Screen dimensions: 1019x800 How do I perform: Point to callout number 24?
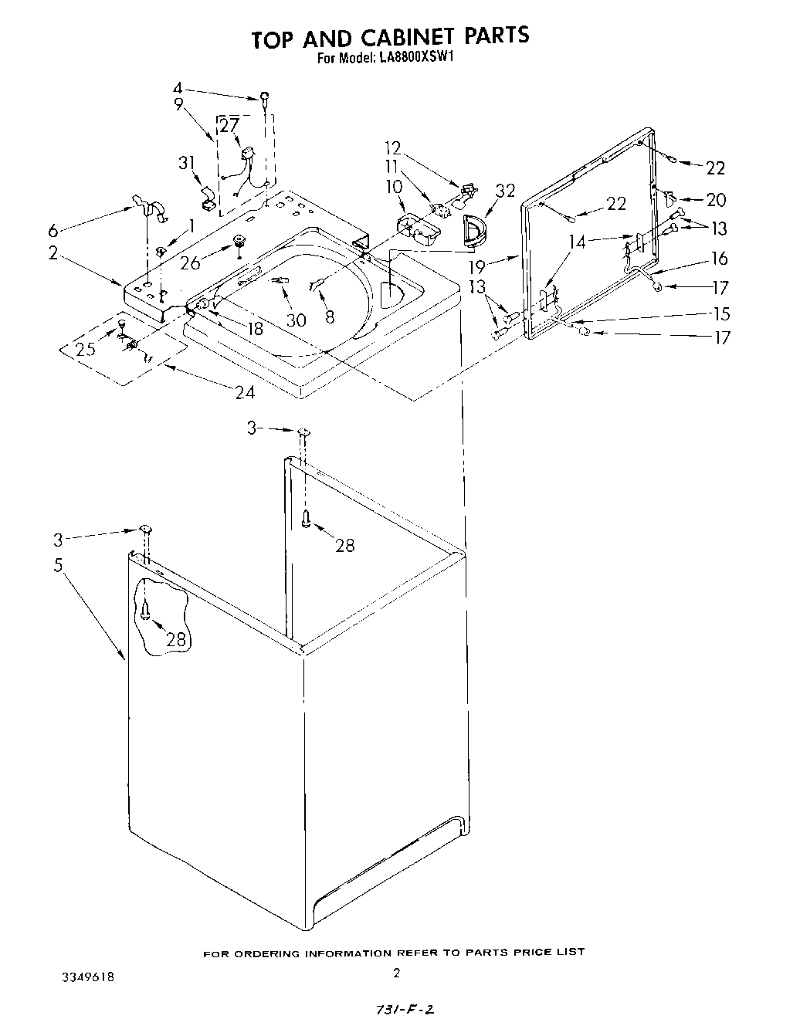[x=245, y=391]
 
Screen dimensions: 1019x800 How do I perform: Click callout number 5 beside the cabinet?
[x=58, y=565]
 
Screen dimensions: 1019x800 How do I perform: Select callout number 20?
[x=716, y=200]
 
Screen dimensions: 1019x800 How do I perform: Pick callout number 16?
[x=719, y=259]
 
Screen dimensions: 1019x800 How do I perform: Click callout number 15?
[x=720, y=313]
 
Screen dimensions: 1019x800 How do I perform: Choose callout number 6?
[x=53, y=230]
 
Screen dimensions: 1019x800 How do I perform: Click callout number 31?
[x=187, y=163]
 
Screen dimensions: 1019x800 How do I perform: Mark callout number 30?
[x=296, y=319]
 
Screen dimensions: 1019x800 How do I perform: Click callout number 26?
[x=190, y=262]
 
